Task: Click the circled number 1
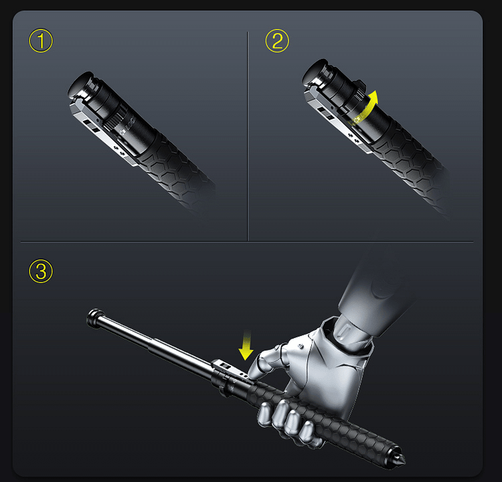(41, 42)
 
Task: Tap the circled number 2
(276, 42)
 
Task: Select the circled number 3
(41, 271)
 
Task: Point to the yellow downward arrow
(246, 346)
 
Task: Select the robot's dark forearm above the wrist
(375, 281)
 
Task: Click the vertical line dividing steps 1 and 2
(248, 134)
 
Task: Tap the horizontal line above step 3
(248, 242)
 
